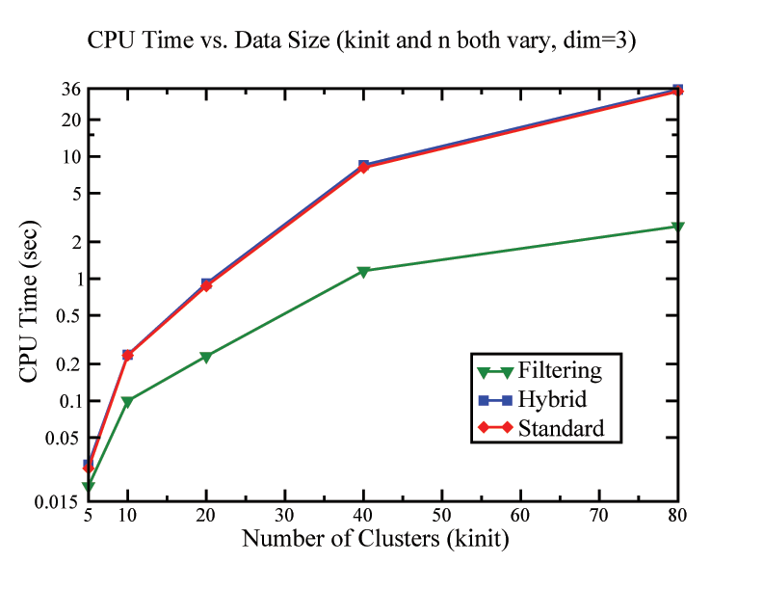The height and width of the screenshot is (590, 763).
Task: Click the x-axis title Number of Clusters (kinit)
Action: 376,538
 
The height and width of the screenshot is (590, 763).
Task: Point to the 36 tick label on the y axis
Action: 70,90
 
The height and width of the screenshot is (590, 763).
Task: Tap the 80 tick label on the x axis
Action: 677,516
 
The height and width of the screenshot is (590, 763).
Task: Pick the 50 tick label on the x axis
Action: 441,516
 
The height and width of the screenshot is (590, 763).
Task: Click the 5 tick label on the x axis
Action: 89,516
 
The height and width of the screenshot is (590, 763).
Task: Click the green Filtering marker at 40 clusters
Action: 363,272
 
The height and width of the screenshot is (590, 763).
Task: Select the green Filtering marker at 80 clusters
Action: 677,227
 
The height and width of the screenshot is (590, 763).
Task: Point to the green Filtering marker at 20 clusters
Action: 206,357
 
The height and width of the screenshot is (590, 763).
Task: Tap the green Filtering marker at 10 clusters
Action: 127,401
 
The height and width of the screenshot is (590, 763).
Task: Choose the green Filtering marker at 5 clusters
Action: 89,487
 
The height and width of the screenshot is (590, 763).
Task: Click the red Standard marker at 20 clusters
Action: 206,286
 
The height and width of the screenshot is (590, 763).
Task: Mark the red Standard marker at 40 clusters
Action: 363,168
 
